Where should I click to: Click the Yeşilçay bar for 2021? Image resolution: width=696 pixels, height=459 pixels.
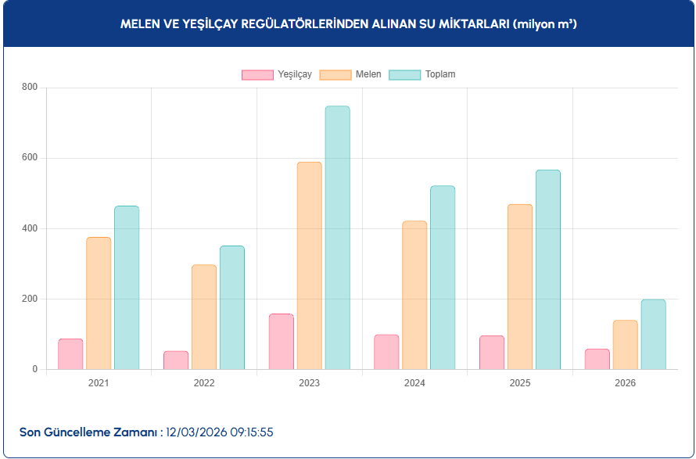[70, 353]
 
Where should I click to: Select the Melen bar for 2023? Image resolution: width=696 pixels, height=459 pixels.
[309, 266]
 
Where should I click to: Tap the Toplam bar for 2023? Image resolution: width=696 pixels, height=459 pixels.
[337, 238]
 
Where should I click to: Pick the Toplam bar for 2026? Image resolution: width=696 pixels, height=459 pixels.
[653, 334]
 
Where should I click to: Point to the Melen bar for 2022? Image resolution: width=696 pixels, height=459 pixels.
[204, 317]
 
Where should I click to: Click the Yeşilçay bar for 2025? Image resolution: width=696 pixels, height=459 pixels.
[492, 352]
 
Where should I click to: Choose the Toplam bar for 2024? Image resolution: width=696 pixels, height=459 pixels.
[443, 278]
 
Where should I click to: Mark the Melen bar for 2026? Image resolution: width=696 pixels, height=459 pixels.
[625, 345]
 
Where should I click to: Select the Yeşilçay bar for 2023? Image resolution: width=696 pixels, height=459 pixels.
[282, 342]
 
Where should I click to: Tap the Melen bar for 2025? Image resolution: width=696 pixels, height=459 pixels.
[520, 287]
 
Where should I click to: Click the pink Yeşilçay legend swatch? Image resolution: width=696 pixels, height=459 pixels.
[257, 75]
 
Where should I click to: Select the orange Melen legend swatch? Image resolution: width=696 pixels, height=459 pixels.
[335, 75]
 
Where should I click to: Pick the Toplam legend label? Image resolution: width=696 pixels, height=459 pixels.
[440, 75]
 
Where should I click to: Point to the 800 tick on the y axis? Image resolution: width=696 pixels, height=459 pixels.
[30, 88]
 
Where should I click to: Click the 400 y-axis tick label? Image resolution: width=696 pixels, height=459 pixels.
[30, 228]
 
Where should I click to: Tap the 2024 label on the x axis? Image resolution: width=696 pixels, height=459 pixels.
[414, 383]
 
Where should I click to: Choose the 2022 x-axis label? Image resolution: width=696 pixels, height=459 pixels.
[204, 383]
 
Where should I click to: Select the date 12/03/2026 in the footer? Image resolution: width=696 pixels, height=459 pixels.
[196, 432]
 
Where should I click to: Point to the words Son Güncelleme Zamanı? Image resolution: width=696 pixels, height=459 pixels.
[88, 432]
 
